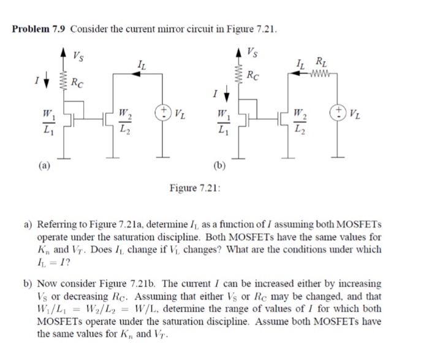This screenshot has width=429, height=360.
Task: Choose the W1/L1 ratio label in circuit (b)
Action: pos(220,122)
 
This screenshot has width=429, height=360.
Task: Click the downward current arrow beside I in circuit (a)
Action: pos(48,80)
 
